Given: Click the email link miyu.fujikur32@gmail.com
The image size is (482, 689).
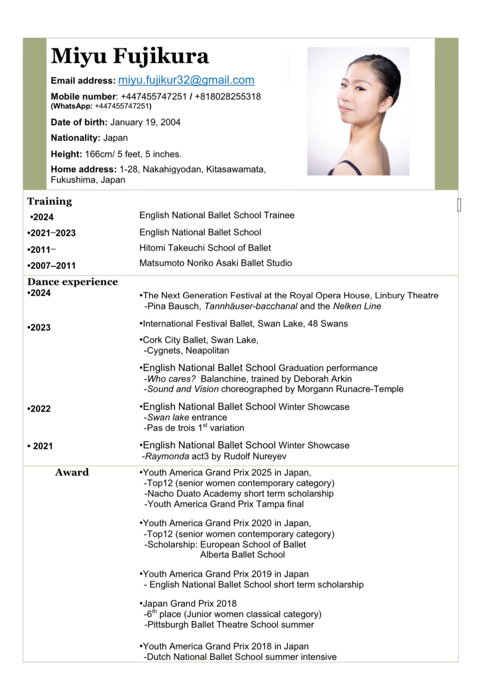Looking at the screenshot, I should coord(186,80).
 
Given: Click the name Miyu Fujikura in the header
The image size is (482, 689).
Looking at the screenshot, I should coord(130,56).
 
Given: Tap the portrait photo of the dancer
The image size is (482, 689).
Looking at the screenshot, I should coord(358,111).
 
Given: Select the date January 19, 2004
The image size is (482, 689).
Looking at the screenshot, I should coord(145,122).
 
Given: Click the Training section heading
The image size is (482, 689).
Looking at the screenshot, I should coord(49,201).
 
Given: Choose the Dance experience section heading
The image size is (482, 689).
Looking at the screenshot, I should coord(72,282).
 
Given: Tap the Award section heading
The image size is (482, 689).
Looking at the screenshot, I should coord(72,472).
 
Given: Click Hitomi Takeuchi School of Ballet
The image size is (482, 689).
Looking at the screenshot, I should coord(205,248).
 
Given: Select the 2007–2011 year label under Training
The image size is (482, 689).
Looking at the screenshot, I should coord(52,266).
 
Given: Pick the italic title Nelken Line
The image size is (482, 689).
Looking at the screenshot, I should coord(357,306).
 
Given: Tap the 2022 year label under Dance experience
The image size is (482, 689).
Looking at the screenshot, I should coord(39,409).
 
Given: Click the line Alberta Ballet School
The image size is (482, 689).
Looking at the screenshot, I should coord(242,555).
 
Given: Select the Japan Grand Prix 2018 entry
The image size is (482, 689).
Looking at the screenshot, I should coord(190,604).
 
